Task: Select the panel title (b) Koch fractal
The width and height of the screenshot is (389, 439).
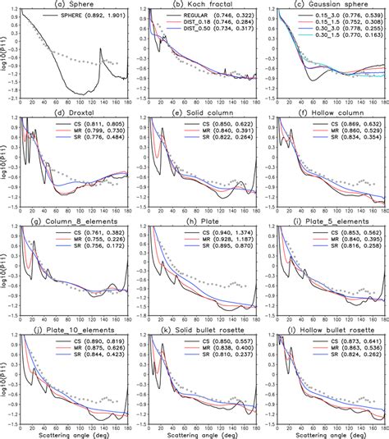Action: tap(200, 5)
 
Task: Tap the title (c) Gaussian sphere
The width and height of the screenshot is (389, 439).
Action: tap(327, 5)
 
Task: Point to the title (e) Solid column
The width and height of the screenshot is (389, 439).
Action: tap(200, 112)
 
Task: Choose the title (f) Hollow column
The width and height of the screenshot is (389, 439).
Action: tap(327, 112)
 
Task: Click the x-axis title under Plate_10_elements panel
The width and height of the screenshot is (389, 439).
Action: tap(76, 432)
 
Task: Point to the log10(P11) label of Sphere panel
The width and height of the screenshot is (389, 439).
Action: tap(6, 53)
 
